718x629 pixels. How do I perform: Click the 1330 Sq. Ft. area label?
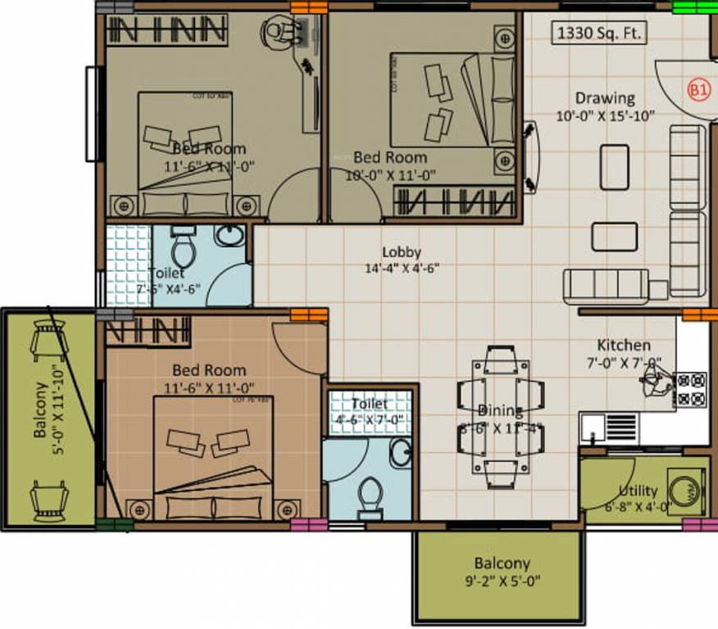(600, 34)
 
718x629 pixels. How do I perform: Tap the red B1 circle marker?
(698, 90)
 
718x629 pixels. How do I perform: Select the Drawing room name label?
(604, 98)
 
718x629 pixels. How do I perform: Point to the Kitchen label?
(623, 345)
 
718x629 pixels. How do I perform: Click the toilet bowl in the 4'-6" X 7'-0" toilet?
(371, 496)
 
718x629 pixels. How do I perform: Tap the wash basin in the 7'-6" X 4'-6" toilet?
(229, 236)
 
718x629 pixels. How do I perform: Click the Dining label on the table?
(500, 410)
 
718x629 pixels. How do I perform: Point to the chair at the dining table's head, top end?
(500, 359)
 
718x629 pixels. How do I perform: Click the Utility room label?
(638, 491)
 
